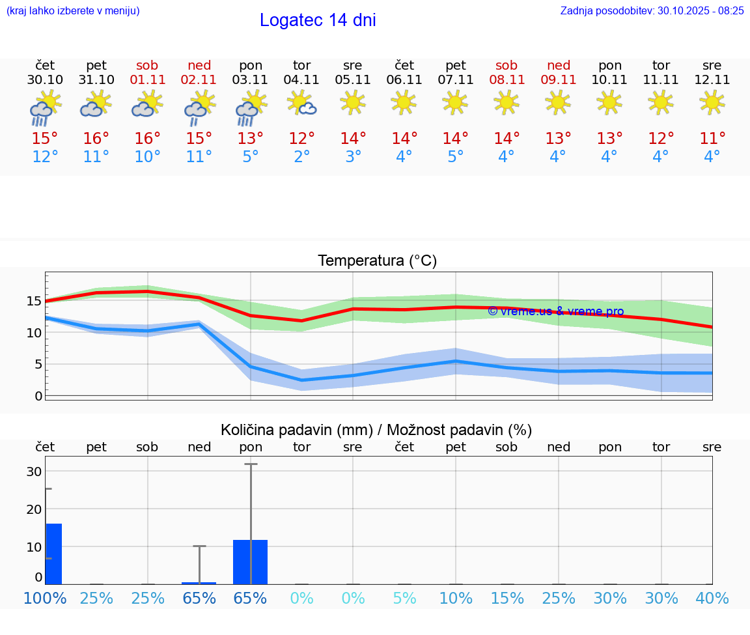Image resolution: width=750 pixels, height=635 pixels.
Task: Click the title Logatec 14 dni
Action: (318, 20)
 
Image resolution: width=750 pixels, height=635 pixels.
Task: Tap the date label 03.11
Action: (251, 80)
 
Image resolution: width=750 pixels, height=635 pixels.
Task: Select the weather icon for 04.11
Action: (302, 103)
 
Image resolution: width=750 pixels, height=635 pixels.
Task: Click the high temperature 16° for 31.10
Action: (96, 139)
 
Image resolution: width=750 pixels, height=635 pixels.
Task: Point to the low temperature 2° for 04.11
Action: (302, 157)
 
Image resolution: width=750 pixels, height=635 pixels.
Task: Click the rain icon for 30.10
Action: (45, 108)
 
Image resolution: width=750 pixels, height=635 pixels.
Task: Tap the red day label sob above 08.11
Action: (507, 65)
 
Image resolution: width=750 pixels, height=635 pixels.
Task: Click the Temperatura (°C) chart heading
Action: (377, 261)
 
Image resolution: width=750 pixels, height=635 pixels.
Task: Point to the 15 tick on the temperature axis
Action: (34, 301)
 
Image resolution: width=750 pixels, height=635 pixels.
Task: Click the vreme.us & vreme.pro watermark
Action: (556, 311)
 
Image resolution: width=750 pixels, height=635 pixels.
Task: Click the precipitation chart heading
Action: (376, 430)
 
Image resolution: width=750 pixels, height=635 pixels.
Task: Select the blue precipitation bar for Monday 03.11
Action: (251, 561)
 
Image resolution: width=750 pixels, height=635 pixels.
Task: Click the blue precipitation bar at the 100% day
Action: (53, 554)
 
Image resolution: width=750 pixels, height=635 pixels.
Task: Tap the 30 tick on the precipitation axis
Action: (34, 472)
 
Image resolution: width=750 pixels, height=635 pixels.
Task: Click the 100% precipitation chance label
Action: (45, 598)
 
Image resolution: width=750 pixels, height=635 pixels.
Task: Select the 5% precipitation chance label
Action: (404, 598)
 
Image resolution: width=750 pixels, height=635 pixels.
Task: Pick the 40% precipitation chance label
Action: (712, 598)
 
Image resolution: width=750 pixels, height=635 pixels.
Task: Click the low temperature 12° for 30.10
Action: (45, 157)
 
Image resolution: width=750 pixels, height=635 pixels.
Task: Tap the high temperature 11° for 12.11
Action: (712, 139)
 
